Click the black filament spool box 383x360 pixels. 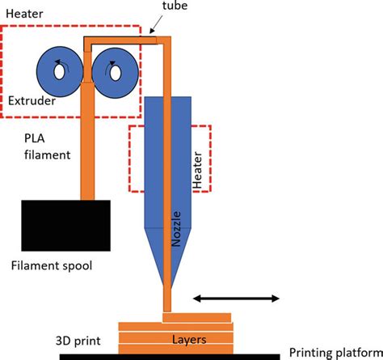click(65, 226)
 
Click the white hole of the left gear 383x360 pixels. click(59, 72)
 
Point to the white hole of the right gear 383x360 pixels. click(116, 74)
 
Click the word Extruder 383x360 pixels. click(32, 101)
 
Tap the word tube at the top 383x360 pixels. click(175, 6)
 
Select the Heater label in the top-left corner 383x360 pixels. click(24, 14)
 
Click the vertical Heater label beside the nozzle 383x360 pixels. click(197, 170)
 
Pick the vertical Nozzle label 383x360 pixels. click(176, 229)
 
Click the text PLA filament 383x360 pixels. click(47, 146)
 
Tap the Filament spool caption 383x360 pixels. click(52, 265)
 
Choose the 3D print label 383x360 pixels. click(78, 341)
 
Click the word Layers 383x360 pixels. click(189, 340)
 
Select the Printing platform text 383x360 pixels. click(336, 353)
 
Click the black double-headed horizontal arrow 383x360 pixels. click(236, 299)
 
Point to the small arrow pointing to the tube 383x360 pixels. click(156, 24)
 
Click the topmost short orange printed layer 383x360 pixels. click(196, 318)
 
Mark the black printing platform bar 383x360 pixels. click(170, 357)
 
